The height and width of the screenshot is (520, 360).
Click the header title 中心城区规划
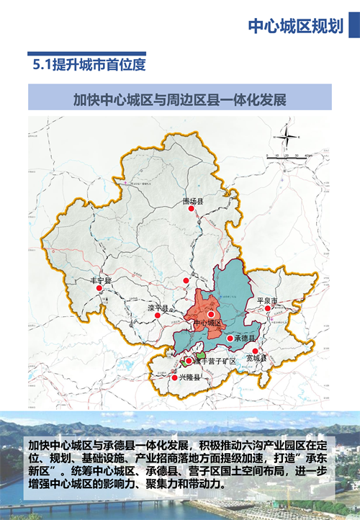(x=295, y=26)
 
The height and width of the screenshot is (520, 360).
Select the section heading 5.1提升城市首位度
(x=89, y=65)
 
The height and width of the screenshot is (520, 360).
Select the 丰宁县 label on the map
(x=100, y=280)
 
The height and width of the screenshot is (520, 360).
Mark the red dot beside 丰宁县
(x=99, y=288)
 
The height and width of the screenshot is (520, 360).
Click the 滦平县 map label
(x=157, y=308)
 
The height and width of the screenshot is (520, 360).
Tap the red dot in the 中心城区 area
(x=211, y=315)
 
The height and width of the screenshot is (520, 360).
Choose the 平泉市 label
(x=266, y=300)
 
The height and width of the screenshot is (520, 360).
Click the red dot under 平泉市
(x=268, y=308)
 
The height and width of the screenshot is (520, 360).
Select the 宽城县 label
(x=256, y=358)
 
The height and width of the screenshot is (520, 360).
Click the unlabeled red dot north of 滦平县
(x=186, y=280)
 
